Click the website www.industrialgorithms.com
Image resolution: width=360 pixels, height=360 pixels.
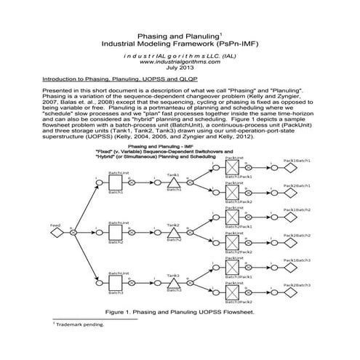click(180, 62)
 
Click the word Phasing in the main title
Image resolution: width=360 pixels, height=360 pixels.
click(153, 36)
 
